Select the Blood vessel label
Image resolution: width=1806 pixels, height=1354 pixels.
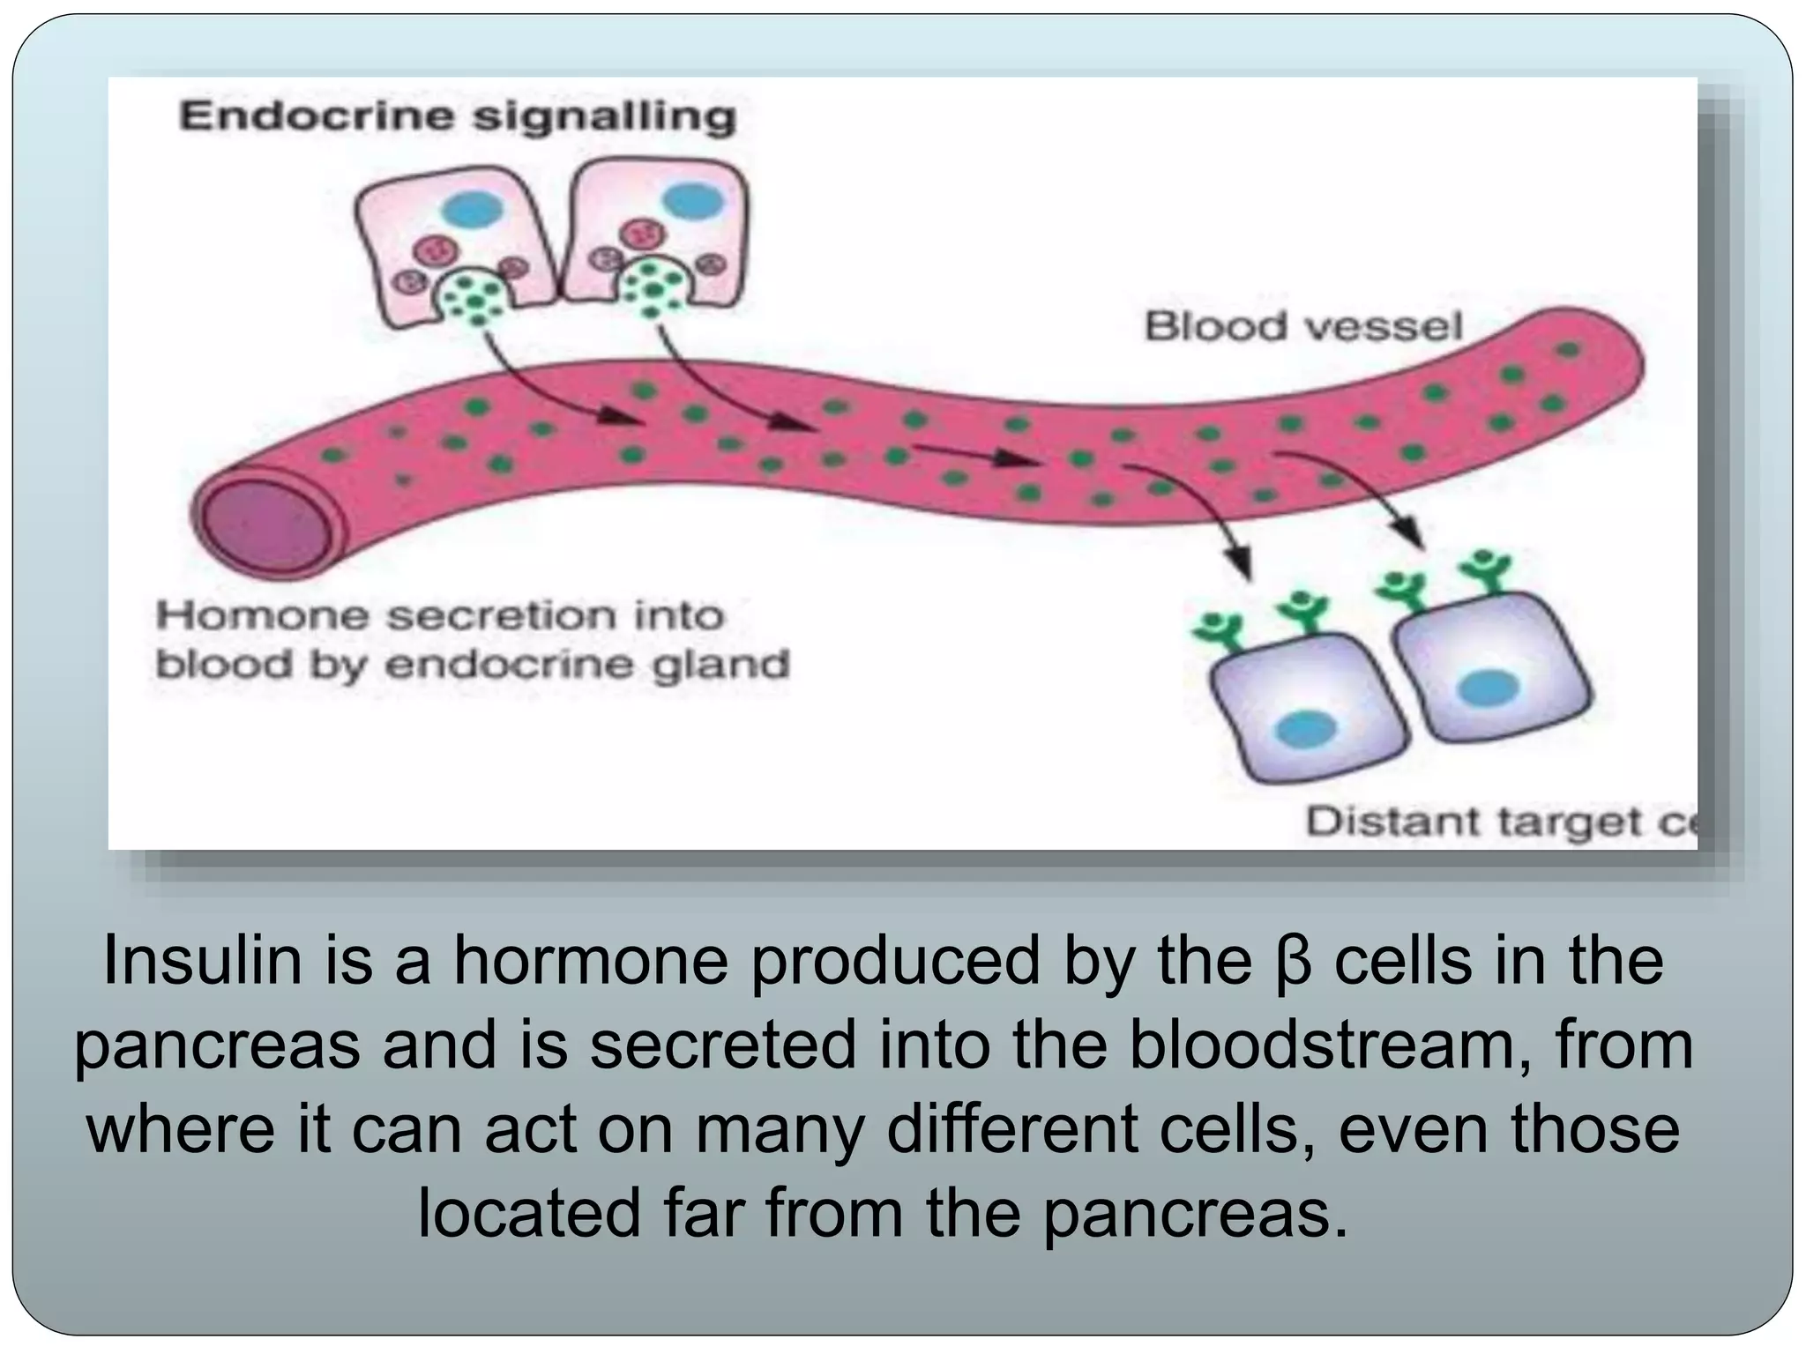click(1303, 327)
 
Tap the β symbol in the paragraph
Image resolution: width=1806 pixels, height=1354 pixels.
click(1295, 963)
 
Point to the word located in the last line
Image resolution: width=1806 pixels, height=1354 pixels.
click(528, 1213)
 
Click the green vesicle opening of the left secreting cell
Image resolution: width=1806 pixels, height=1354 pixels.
click(474, 295)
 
